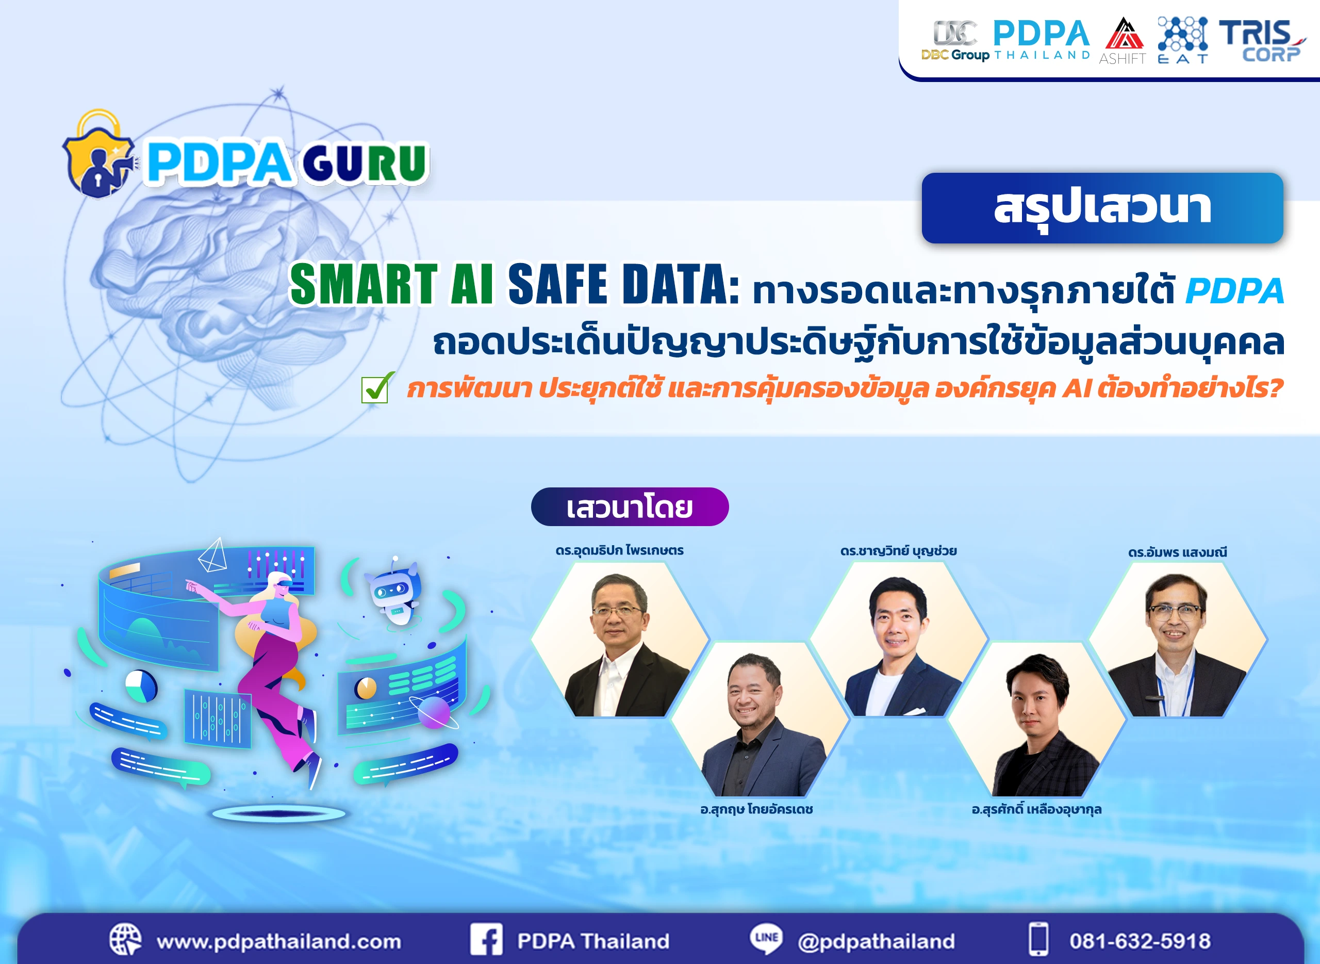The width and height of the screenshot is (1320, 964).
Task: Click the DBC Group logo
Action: click(955, 40)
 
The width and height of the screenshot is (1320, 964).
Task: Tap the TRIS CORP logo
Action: click(1261, 40)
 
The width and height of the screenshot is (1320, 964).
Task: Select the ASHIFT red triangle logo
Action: click(1123, 40)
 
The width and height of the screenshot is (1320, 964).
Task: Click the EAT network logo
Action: click(1182, 40)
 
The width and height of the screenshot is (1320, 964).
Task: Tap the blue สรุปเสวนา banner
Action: click(1102, 208)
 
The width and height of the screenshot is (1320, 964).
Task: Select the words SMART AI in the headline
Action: click(391, 285)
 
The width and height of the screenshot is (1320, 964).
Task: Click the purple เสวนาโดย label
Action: click(630, 506)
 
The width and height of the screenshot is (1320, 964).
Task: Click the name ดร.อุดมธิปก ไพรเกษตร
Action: click(619, 550)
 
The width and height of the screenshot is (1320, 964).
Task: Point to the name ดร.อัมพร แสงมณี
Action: click(1177, 552)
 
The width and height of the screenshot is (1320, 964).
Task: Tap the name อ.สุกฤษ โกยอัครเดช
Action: click(756, 809)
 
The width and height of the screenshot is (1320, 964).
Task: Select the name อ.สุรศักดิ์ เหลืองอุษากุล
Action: click(1036, 809)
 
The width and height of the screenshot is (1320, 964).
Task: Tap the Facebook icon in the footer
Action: click(486, 940)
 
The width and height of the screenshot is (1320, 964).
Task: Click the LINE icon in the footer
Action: click(766, 939)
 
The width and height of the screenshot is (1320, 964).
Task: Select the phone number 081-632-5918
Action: click(1140, 941)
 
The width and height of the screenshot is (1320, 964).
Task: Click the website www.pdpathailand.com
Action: click(279, 941)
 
